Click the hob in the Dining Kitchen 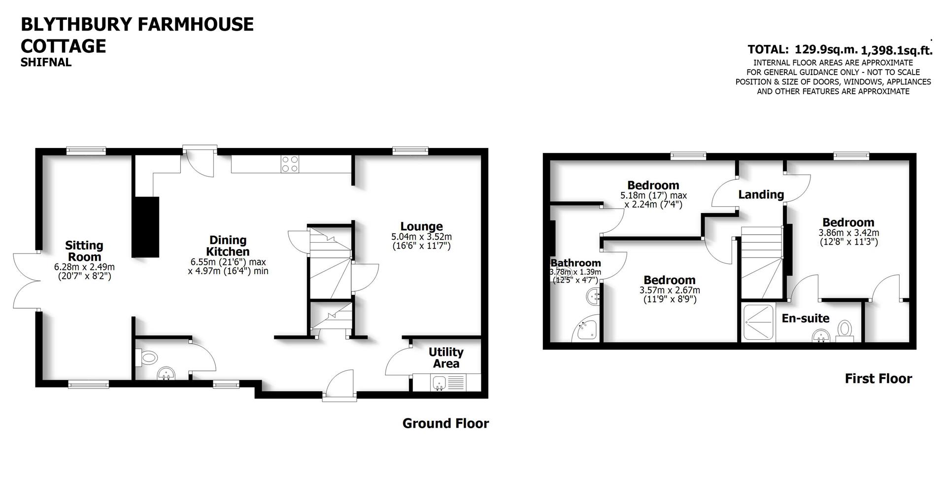(290, 163)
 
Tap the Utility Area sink (439, 382)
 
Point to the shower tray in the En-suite (758, 323)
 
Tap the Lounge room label (421, 226)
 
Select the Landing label (761, 195)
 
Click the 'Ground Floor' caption (445, 423)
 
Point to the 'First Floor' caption (878, 378)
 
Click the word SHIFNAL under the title (46, 63)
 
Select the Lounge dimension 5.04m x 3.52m (421, 236)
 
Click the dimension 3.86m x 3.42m (848, 233)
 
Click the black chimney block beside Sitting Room (145, 226)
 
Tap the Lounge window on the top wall (410, 150)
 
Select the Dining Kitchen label (228, 246)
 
